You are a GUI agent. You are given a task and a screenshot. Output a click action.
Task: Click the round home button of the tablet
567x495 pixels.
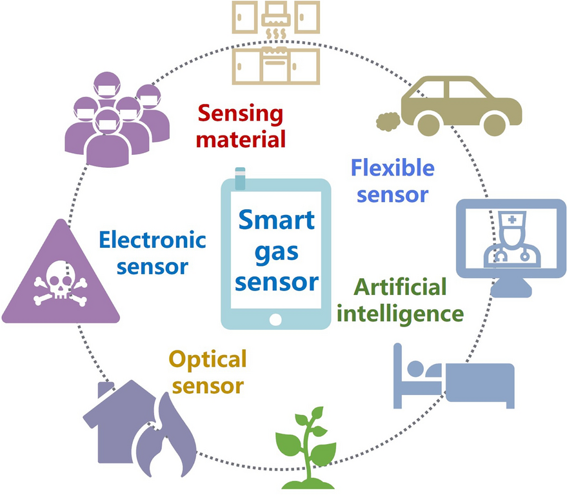276,319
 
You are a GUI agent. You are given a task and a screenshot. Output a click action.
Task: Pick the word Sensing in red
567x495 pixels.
241,115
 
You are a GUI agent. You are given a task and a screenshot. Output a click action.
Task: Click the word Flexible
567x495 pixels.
392,169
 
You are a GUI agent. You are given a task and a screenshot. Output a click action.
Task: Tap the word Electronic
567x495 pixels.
152,241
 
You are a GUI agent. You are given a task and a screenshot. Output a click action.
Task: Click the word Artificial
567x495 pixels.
400,287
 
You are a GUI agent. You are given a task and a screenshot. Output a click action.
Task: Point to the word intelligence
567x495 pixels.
400,314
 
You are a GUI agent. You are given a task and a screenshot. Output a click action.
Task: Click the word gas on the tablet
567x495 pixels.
276,251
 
